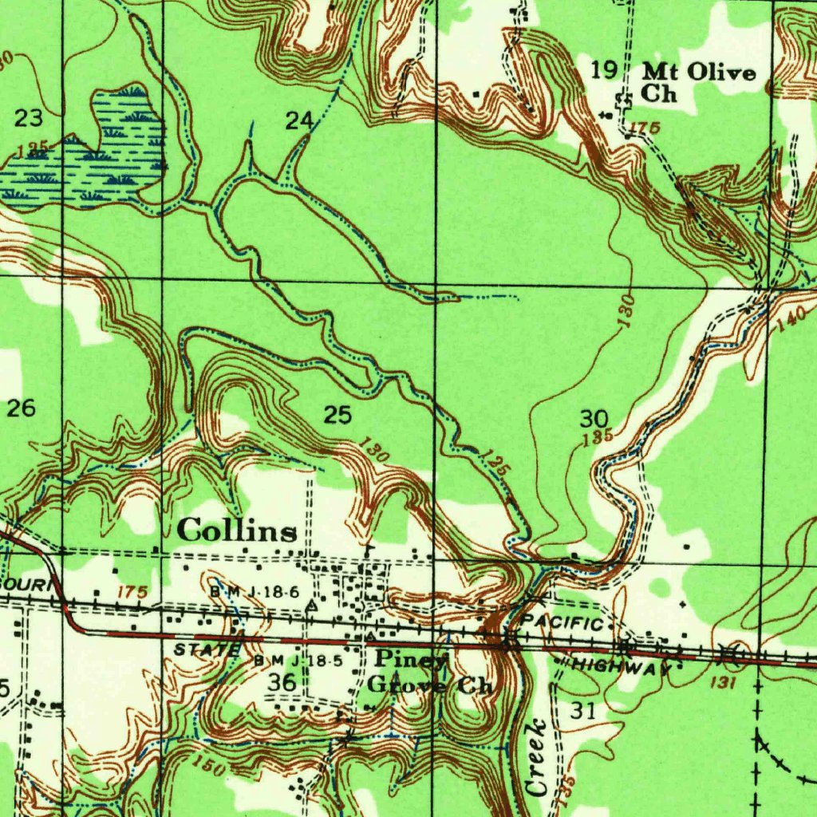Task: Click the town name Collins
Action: tap(238, 531)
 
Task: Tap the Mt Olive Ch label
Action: tap(698, 83)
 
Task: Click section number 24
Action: tap(299, 121)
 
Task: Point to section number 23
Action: tap(30, 119)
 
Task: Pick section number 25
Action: tap(337, 414)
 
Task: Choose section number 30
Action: tap(594, 418)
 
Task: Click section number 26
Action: tap(22, 408)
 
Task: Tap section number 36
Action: tap(282, 681)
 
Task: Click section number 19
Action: tap(604, 70)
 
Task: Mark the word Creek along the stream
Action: tap(537, 756)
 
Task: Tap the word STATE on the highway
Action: tap(206, 650)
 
